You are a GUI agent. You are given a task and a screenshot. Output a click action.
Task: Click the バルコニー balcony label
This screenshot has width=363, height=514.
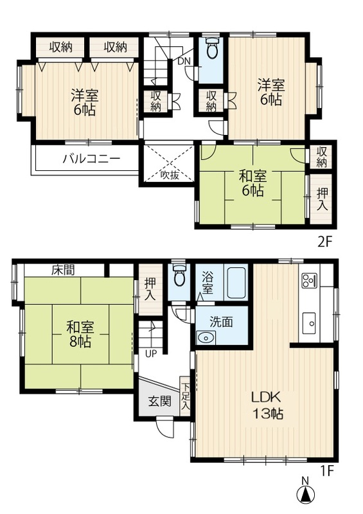coord(91,159)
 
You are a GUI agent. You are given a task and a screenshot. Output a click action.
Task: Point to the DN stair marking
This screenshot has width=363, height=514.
coord(182,62)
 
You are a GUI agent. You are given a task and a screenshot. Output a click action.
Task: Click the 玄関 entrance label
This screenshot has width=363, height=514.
coord(160,402)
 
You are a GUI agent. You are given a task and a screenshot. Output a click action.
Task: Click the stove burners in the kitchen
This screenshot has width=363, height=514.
coord(308,280)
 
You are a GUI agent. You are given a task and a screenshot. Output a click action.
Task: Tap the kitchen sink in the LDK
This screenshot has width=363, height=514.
coord(308,321)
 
